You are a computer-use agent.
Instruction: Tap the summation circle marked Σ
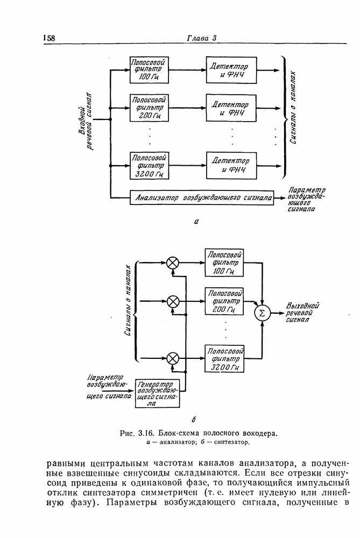(263, 313)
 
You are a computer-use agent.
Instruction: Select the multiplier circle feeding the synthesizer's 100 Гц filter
(173, 263)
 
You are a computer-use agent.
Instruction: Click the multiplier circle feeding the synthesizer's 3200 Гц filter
(173, 357)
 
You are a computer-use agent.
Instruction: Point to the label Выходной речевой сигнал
(303, 312)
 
